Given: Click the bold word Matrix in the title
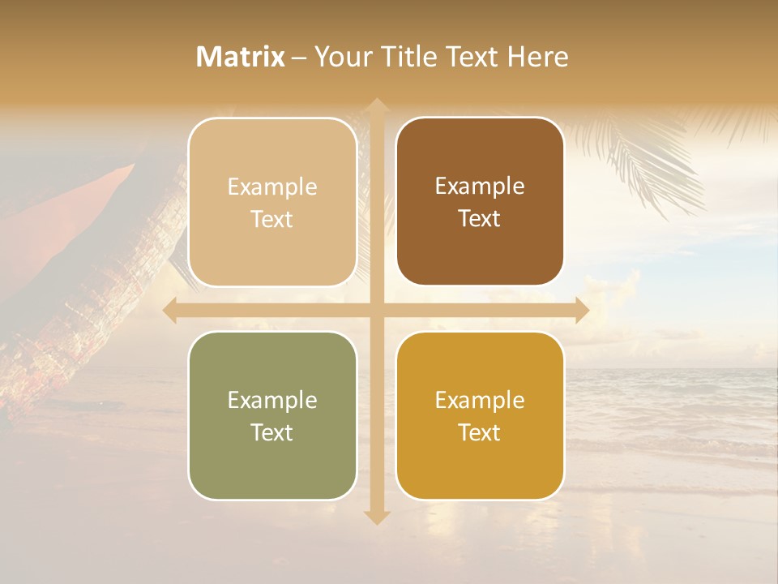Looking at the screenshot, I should coord(240,57).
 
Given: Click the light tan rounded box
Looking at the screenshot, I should coord(272,202).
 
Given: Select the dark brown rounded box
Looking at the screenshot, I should coord(480,201).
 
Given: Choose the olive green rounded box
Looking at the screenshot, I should coord(272,415).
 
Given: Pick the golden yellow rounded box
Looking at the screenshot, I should coord(480,415).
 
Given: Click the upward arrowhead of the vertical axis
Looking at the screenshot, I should coord(376,105).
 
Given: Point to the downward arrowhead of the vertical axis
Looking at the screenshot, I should coord(376,517).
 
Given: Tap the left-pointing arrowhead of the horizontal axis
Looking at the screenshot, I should coord(171,310).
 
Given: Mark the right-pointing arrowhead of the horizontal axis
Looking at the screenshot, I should coord(581,310).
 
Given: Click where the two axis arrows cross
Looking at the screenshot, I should coord(376,310).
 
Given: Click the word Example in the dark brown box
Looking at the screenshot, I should coord(480,186).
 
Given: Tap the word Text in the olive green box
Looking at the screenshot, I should coord(271,432).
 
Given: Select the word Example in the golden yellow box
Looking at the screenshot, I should coord(480,400).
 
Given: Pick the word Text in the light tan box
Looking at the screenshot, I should coord(271,219).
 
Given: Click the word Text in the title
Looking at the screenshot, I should coord(472,57).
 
